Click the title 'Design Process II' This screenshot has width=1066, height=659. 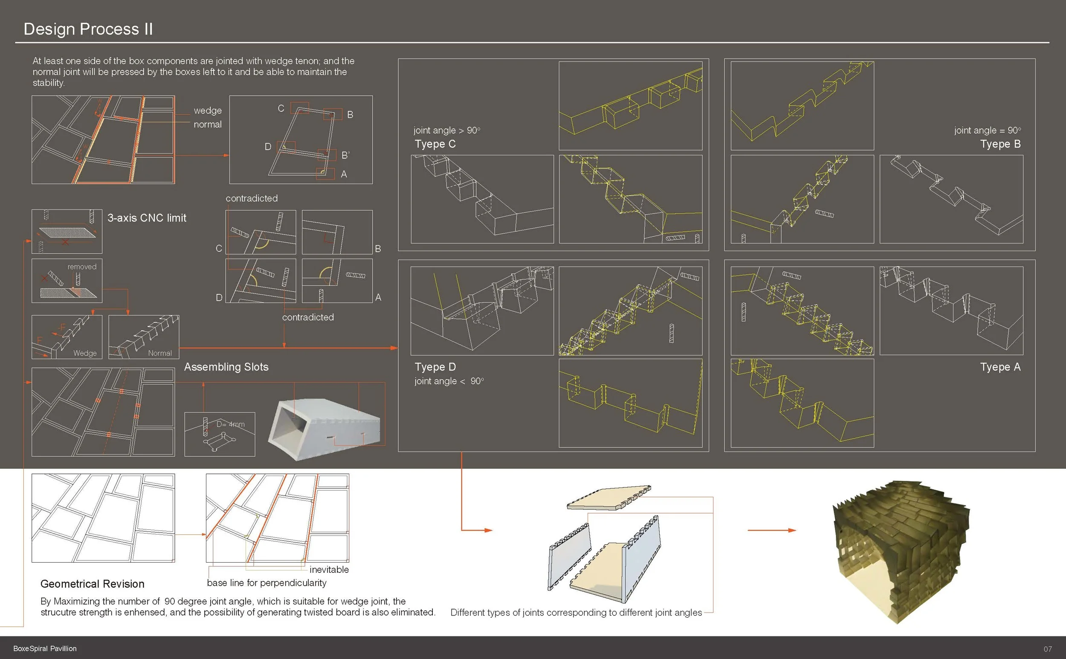(x=88, y=29)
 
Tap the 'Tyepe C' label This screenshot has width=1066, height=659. (x=435, y=144)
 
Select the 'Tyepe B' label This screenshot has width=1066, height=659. (x=1000, y=144)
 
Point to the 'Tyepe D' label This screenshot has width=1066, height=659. (x=435, y=367)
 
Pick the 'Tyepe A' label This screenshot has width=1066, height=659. (x=1000, y=367)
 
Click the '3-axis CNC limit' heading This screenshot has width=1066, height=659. (x=147, y=218)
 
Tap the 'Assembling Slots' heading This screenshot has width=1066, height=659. (x=226, y=367)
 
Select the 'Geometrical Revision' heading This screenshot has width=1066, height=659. (x=93, y=584)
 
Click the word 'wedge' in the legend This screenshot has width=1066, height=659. (x=208, y=111)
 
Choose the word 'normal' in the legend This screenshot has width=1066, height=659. (x=208, y=125)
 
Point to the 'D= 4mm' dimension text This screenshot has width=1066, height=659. (x=230, y=424)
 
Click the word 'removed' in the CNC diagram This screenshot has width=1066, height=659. (x=82, y=267)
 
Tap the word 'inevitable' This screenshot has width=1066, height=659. (x=329, y=570)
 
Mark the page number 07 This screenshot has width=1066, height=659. (x=1048, y=649)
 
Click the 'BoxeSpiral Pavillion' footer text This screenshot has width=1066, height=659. (x=45, y=648)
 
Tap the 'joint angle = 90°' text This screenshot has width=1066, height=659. (x=987, y=131)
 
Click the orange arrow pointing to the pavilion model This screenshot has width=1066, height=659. (x=771, y=530)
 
